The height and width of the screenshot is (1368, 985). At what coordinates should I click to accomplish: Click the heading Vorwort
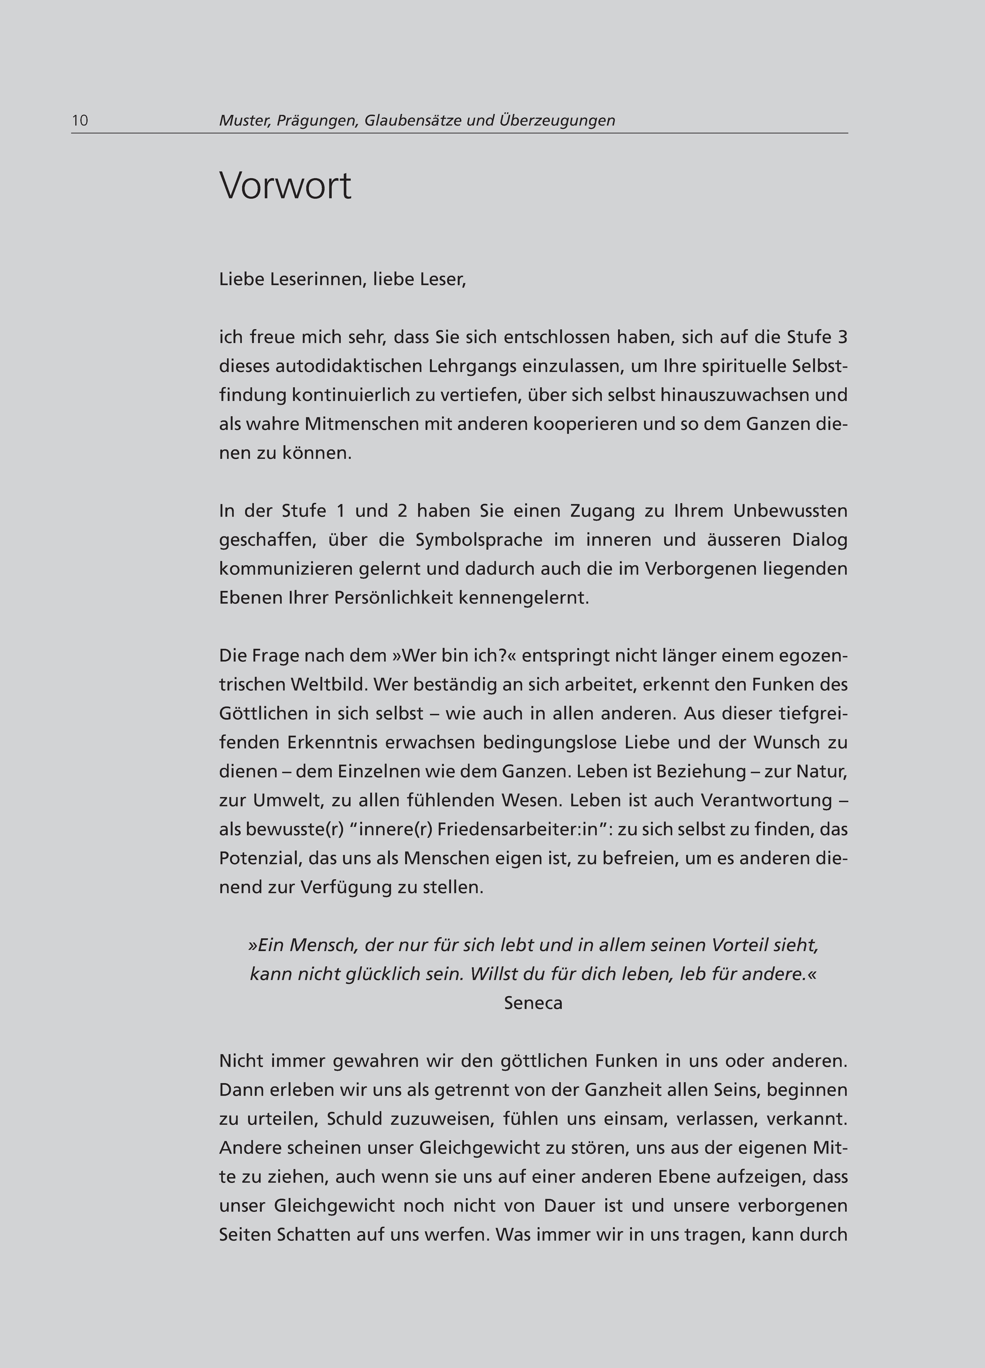(285, 186)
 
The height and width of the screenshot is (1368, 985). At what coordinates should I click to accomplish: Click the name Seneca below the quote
(533, 1003)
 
